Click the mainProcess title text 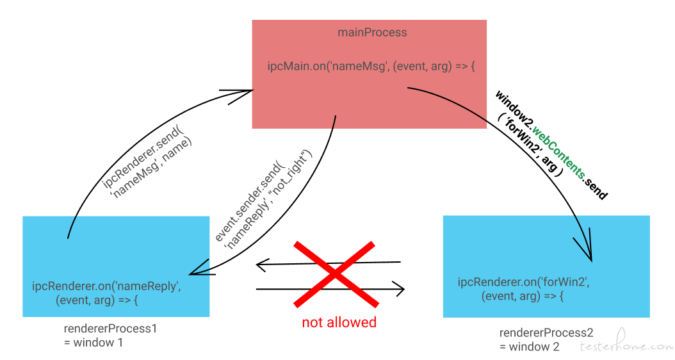372,33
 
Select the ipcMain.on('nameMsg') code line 371,67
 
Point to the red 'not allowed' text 339,322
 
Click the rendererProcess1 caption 110,329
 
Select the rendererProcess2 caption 546,333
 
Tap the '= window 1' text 94,343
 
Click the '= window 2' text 530,347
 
